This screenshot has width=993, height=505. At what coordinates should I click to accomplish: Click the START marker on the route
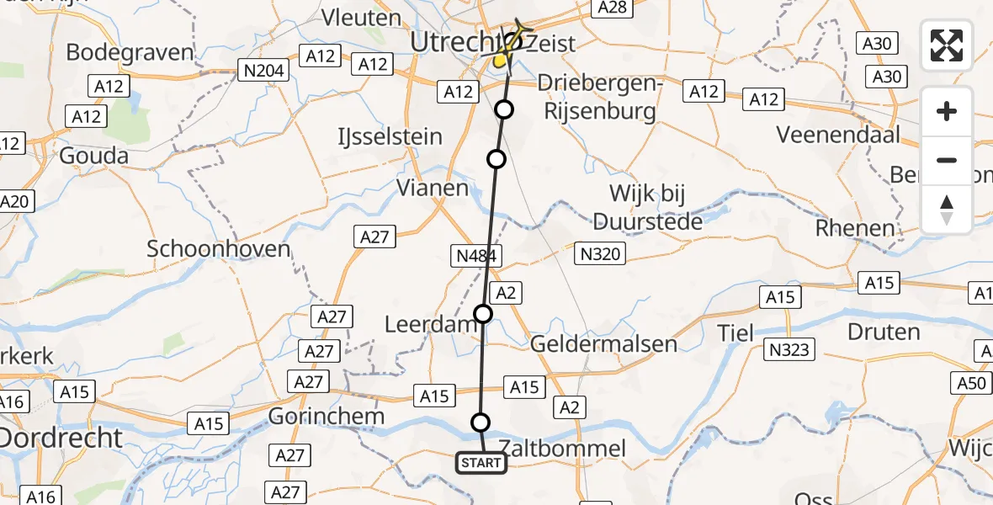(481, 462)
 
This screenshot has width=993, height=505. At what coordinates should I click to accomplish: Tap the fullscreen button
(947, 45)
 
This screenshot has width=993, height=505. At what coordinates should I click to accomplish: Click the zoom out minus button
(947, 160)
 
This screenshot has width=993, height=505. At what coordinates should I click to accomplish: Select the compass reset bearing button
(947, 210)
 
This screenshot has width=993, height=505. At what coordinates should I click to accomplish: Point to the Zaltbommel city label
(562, 449)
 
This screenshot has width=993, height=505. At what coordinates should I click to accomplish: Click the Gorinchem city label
(327, 416)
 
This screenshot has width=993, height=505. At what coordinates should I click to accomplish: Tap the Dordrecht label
(61, 438)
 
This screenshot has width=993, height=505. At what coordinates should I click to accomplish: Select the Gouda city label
(93, 156)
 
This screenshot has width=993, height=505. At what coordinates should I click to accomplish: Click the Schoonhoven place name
(219, 249)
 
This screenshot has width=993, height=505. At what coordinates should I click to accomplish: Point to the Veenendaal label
(837, 134)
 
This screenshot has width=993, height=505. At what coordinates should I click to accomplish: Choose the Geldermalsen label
(603, 343)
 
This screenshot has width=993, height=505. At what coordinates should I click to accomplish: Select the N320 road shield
(601, 252)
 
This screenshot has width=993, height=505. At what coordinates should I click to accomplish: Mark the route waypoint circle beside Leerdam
(483, 315)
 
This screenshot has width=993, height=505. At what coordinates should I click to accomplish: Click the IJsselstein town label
(390, 136)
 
